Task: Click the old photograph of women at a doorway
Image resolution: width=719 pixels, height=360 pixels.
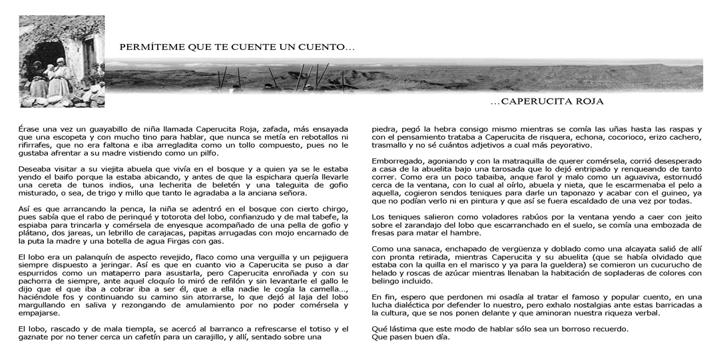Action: pyautogui.click(x=62, y=61)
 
